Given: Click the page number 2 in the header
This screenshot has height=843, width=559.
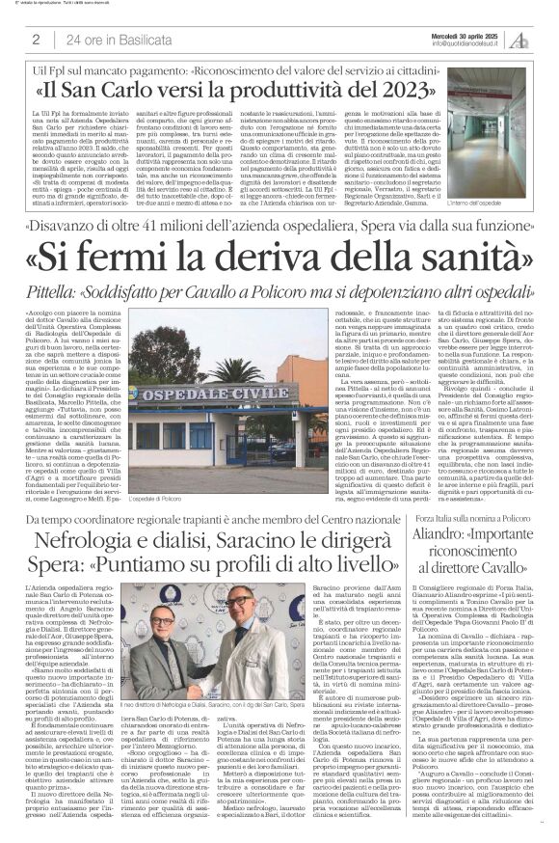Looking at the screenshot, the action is click(36, 39).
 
